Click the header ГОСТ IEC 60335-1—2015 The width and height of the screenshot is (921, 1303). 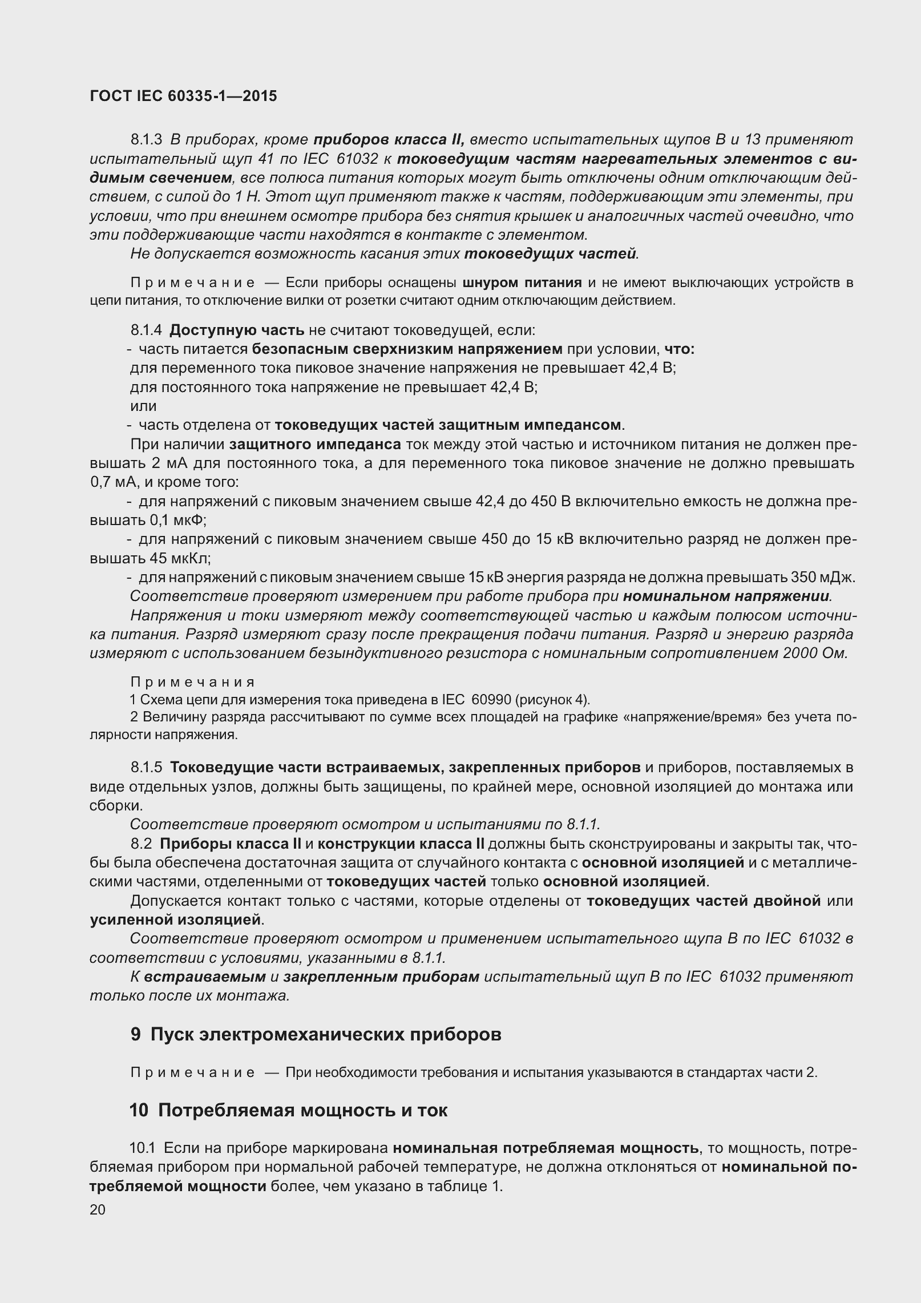[x=183, y=96]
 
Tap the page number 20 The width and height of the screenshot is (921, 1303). [x=98, y=1209]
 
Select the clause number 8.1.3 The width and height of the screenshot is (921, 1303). [x=146, y=140]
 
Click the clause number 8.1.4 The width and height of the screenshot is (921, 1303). [x=146, y=330]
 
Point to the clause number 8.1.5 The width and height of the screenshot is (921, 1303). [x=146, y=768]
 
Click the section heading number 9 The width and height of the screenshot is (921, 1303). [x=135, y=1034]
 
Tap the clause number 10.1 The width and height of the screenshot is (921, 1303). [x=142, y=1148]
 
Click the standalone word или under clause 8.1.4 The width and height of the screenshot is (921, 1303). [x=143, y=406]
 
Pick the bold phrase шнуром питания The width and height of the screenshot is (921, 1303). [x=522, y=283]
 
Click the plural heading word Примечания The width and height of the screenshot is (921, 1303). [x=193, y=683]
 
